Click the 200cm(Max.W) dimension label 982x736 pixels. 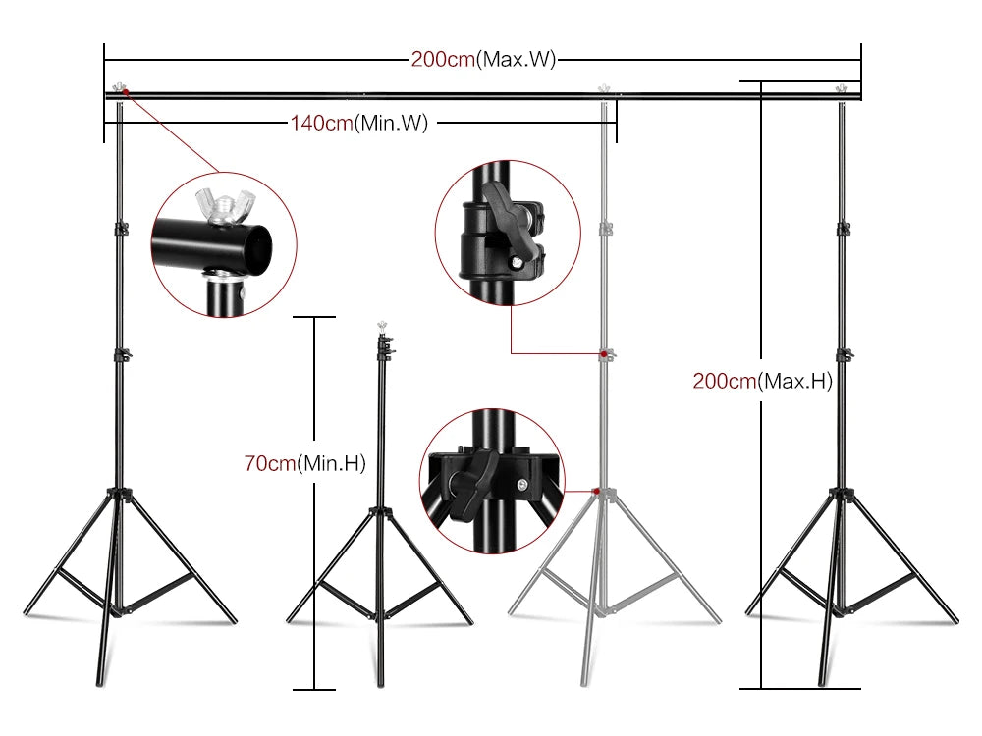click(483, 59)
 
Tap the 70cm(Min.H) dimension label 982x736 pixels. click(304, 463)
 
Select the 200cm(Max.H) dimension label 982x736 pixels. click(762, 382)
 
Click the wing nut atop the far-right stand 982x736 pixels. click(841, 88)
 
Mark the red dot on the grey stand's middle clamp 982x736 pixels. click(600, 353)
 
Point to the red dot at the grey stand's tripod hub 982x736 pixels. click(596, 490)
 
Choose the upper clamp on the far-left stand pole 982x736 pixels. click(120, 229)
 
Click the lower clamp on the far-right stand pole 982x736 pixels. click(841, 355)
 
